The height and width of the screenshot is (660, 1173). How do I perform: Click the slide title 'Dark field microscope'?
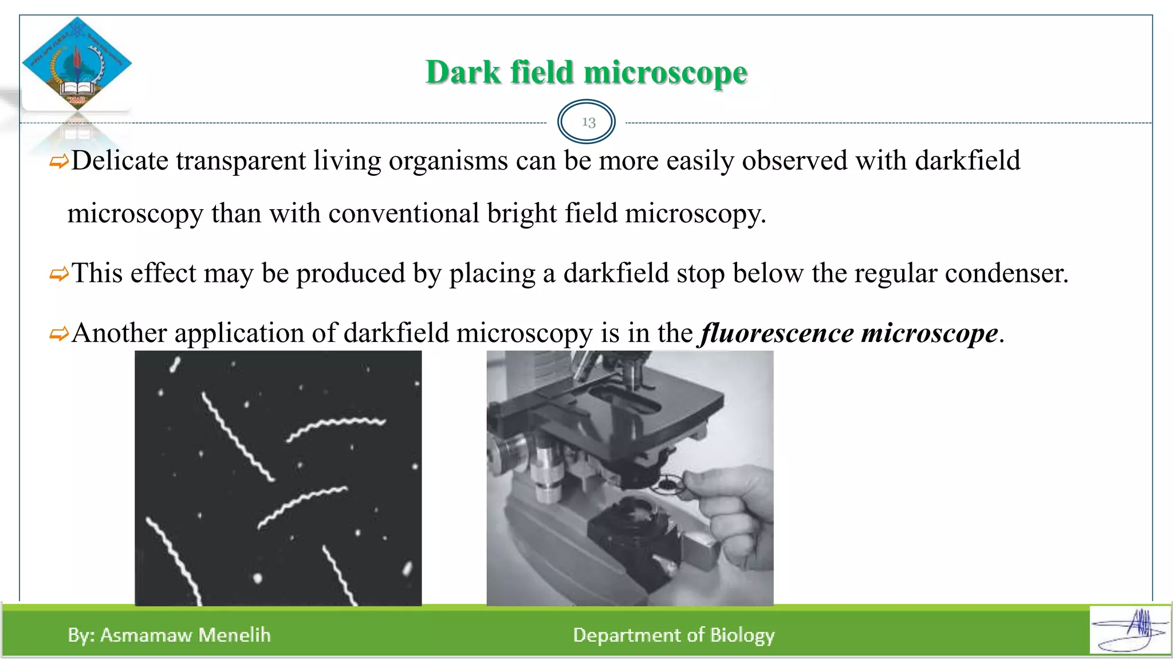pyautogui.click(x=586, y=73)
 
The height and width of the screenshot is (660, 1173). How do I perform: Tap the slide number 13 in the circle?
pyautogui.click(x=588, y=122)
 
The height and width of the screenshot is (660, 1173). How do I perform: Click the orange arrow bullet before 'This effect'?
pyautogui.click(x=58, y=274)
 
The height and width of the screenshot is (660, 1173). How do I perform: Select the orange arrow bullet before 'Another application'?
pyautogui.click(x=58, y=334)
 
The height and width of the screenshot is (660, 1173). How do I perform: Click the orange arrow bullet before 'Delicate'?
pyautogui.click(x=58, y=162)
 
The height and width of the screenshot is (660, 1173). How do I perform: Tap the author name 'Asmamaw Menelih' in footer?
pyautogui.click(x=185, y=635)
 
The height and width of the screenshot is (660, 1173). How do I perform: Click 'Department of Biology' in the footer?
pyautogui.click(x=674, y=635)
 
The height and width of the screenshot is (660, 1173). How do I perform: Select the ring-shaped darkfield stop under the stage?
pyautogui.click(x=667, y=485)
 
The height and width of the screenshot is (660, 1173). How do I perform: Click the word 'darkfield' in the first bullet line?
pyautogui.click(x=967, y=161)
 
